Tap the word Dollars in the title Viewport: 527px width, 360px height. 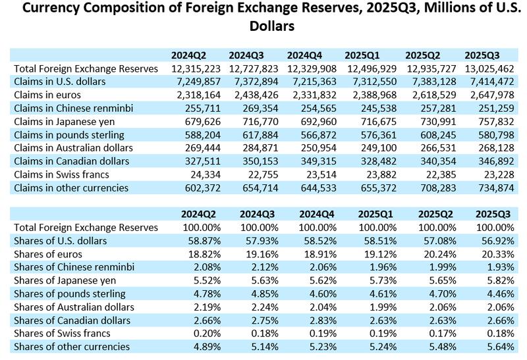coord(272,26)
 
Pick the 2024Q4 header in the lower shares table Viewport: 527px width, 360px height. coord(318,214)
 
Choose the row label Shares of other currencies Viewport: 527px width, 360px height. coord(71,346)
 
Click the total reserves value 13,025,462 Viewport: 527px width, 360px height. coord(489,68)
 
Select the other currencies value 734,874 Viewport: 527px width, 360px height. coord(495,188)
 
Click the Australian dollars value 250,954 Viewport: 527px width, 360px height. coord(319,148)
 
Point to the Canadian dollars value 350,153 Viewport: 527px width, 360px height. coord(258,161)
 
